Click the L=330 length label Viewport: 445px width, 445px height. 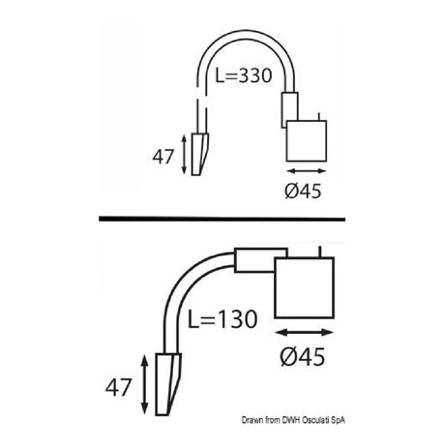244,76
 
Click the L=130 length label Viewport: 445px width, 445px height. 222,319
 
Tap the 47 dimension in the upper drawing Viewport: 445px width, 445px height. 163,157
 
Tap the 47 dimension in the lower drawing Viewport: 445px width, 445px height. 119,387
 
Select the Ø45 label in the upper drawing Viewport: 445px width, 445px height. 304,191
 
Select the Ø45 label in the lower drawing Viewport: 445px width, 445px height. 303,357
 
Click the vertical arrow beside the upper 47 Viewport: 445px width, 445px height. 184,155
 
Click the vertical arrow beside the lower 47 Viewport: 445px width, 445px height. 145,384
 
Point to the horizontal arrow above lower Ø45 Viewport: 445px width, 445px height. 305,332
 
